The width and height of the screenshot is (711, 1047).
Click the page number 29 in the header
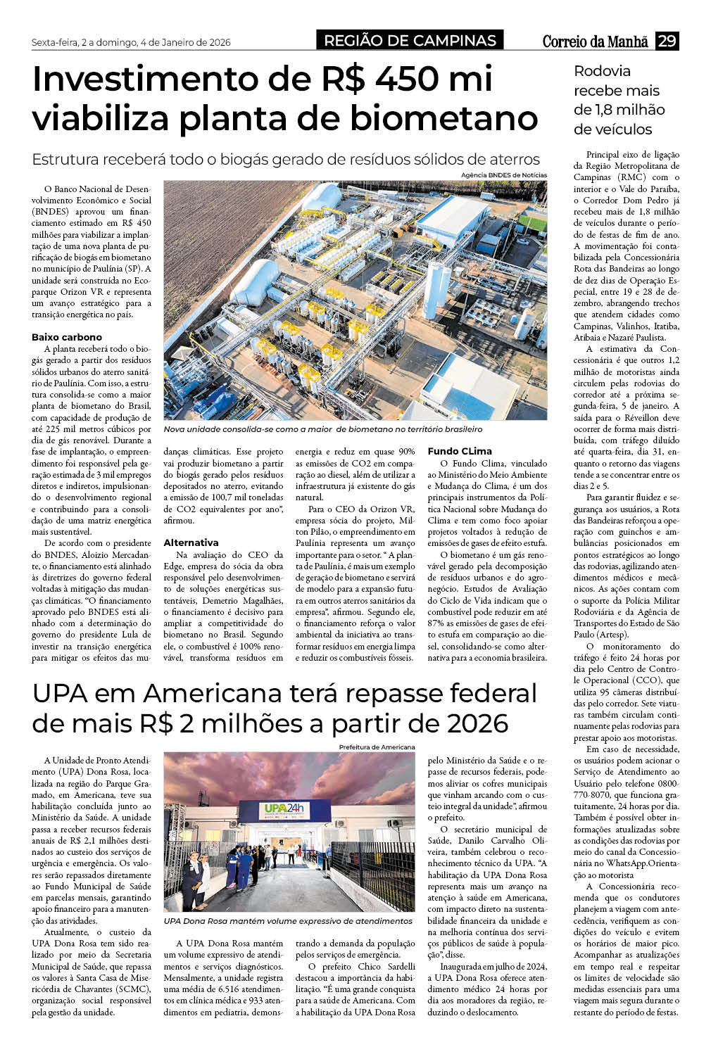point(667,41)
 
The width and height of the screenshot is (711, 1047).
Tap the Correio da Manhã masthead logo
point(595,42)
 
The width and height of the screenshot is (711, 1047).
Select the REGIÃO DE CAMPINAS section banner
point(410,41)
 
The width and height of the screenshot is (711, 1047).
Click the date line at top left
point(131,42)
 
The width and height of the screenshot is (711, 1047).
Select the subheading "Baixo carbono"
point(67,337)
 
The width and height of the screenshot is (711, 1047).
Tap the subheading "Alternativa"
point(191,542)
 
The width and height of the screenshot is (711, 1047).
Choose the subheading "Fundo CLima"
point(460,451)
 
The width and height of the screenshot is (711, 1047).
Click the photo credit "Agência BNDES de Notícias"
point(503,174)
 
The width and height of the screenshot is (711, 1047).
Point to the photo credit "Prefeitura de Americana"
point(377,747)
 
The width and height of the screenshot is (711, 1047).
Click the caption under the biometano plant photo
point(323,429)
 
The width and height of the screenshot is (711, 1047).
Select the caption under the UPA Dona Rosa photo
point(288,920)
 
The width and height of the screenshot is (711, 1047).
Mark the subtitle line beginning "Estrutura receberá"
point(286,159)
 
